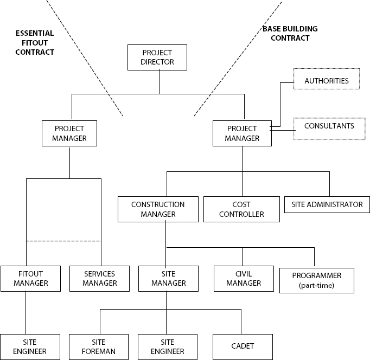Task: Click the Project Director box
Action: pos(157,57)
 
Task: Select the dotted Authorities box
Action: pos(326,80)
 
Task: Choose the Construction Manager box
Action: pos(158,209)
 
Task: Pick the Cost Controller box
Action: pos(241,209)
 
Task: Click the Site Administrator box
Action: pos(327,204)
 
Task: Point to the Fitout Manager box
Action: pos(30,279)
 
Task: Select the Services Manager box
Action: pos(100,279)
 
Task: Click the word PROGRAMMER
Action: pos(316,275)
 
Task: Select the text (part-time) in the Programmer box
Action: pos(316,285)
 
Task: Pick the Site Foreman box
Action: pos(100,347)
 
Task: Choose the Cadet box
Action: pos(242,346)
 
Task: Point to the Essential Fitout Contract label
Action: pos(35,43)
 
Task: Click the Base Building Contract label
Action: pos(290,34)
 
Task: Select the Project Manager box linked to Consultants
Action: pos(242,133)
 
